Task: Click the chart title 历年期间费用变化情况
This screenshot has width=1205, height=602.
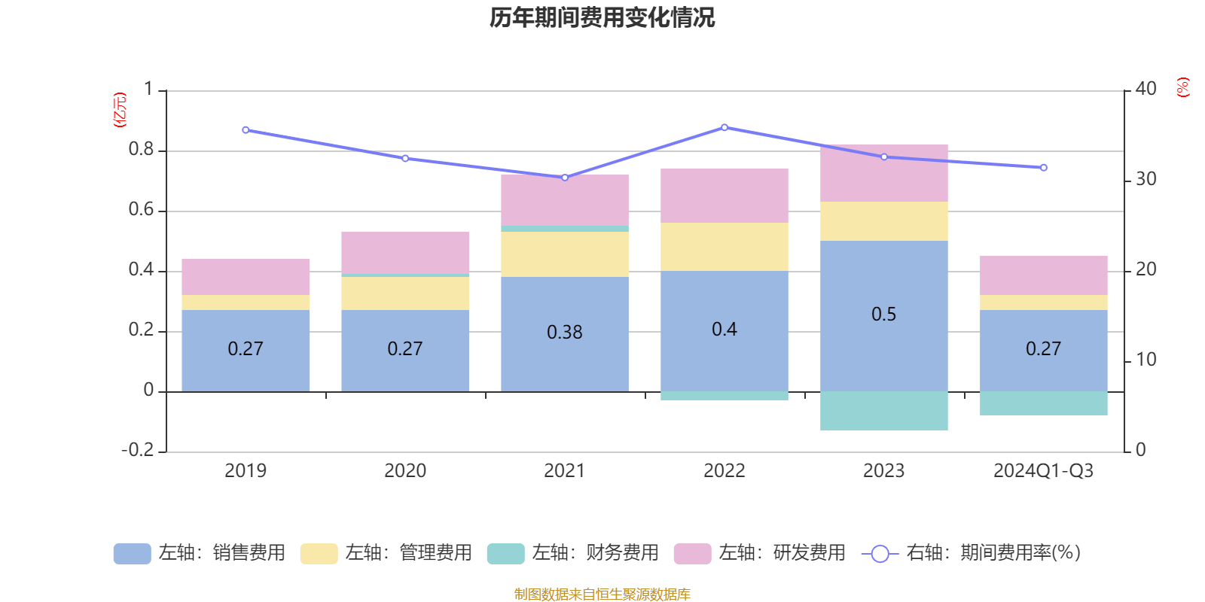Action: (x=602, y=17)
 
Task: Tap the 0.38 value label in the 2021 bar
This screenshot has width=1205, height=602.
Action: (x=564, y=332)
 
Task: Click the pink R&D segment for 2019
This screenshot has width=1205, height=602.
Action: (x=246, y=277)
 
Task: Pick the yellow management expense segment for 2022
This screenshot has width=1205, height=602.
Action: (x=724, y=246)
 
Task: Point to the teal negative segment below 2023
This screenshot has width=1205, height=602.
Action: (x=883, y=411)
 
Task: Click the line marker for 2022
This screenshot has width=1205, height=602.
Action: (x=725, y=127)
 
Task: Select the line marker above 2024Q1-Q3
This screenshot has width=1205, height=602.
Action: (x=1044, y=168)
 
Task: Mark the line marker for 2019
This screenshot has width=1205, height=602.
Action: (x=246, y=130)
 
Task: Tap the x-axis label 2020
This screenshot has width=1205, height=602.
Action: (x=405, y=471)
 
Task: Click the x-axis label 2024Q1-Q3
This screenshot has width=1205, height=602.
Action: (x=1043, y=471)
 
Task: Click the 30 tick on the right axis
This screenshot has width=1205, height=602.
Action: (x=1146, y=179)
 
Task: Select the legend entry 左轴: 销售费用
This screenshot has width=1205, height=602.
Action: (x=200, y=553)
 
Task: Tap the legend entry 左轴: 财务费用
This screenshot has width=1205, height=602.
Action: (x=573, y=553)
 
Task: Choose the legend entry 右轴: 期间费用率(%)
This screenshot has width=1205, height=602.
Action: (x=971, y=553)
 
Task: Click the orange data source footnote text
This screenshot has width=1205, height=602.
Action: (x=602, y=594)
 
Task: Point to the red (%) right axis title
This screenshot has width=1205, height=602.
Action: (x=1182, y=87)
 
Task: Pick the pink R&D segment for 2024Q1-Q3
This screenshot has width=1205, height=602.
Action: (x=1043, y=275)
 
